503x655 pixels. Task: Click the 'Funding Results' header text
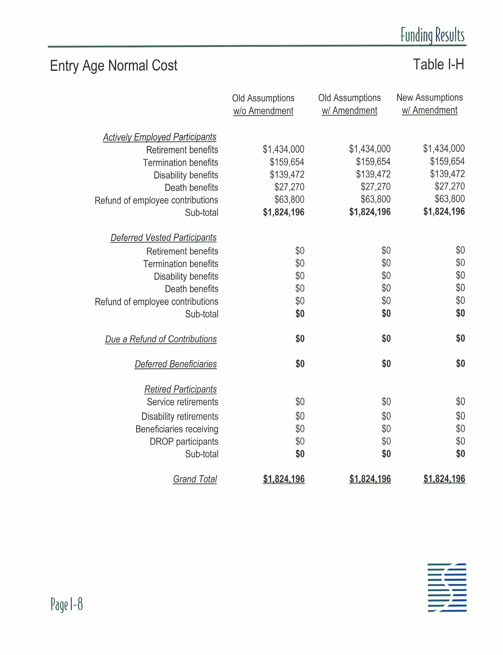pos(432,35)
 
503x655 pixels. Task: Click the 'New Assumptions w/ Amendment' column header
pos(430,104)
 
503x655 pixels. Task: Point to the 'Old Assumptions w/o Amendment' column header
pos(263,104)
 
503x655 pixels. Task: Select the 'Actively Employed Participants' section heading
pos(159,137)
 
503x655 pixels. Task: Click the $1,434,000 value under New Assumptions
pos(444,148)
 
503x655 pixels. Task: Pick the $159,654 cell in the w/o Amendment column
pos(287,162)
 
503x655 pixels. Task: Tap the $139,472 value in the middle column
pos(373,174)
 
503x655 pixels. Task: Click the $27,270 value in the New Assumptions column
pos(450,186)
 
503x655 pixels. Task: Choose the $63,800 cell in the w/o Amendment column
pos(289,199)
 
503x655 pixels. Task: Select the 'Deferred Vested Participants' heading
pos(164,238)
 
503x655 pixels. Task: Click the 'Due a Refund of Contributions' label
pos(161,339)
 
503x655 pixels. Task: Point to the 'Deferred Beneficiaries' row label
pos(176,364)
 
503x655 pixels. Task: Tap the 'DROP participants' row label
pos(184,442)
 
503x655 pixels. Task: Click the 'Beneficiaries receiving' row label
pos(177,429)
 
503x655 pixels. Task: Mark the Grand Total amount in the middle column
pos(370,479)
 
